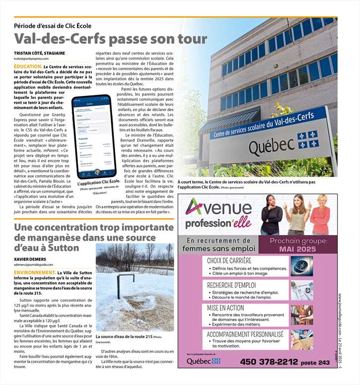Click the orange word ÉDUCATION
coord(28,66)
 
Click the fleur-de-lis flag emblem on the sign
coord(307,138)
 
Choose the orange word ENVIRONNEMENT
coord(35,273)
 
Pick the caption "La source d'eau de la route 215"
coord(124,337)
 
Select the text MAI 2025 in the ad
coord(298,249)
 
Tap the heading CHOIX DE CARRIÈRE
coord(229,260)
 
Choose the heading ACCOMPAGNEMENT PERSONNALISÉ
coord(245,334)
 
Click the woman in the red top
coord(320,214)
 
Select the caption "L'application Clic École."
coord(100,183)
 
